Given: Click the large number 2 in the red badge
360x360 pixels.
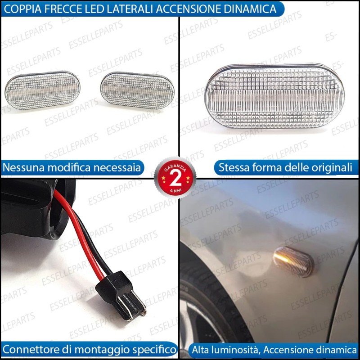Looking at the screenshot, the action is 175,179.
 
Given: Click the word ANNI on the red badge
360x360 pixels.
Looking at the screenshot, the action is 175,190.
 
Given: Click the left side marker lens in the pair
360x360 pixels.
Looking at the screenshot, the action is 42,90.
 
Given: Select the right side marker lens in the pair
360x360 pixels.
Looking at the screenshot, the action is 137,90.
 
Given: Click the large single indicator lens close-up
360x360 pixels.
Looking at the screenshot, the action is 274,96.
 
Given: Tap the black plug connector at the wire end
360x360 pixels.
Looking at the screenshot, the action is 121,296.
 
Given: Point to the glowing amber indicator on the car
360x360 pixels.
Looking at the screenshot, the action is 293,262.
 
